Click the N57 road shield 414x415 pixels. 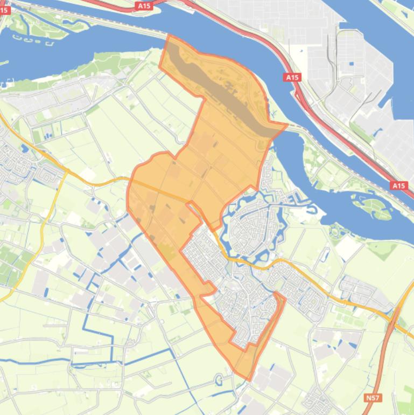pos(372,398)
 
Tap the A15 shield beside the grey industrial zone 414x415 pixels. pos(292,78)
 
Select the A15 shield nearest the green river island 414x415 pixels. pos(398,186)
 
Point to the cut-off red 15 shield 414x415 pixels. pos(4,10)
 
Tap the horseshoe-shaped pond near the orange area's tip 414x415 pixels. pos(220,379)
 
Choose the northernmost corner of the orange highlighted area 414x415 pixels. pos(169,36)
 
